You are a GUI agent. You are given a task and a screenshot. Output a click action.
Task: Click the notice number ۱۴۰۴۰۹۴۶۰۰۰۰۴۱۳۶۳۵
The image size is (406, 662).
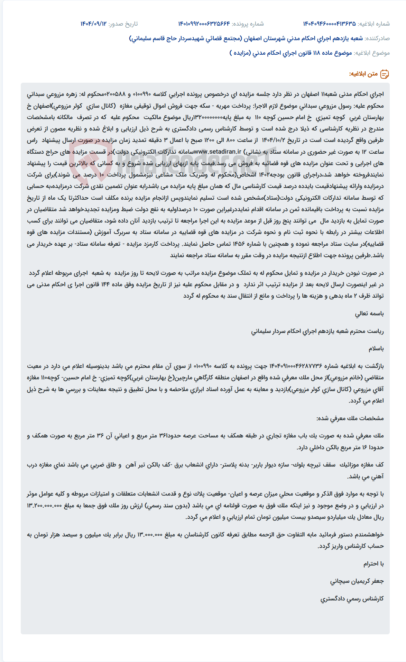[329, 24]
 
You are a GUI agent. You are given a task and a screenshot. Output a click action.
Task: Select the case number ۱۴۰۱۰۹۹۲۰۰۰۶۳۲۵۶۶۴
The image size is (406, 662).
[204, 24]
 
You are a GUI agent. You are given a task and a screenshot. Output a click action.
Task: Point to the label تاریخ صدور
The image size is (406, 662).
[123, 24]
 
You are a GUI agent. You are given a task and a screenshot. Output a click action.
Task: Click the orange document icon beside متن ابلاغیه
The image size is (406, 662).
[385, 74]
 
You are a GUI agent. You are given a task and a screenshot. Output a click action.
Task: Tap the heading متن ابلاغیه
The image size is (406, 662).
[363, 74]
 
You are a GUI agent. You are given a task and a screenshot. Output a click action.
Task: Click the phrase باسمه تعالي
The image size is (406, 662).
[369, 314]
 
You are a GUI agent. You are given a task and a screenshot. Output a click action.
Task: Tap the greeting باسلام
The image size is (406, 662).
[376, 348]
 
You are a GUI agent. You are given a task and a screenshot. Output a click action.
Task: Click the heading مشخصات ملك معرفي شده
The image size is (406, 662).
[350, 418]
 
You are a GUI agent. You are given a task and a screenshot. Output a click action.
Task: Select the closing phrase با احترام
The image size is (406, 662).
[373, 564]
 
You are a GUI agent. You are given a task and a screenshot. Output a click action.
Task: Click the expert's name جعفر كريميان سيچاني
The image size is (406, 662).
[357, 581]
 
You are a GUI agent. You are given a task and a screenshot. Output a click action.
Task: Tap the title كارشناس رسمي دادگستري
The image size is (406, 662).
[352, 598]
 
